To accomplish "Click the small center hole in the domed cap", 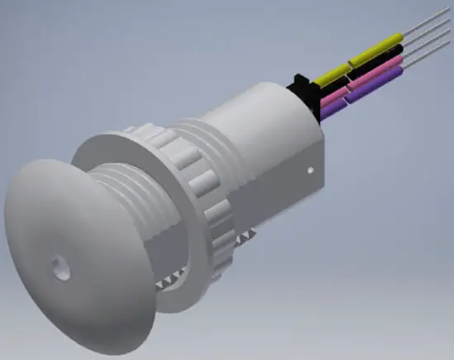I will coord(58,266).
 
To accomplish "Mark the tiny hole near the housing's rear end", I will coord(310,171).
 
